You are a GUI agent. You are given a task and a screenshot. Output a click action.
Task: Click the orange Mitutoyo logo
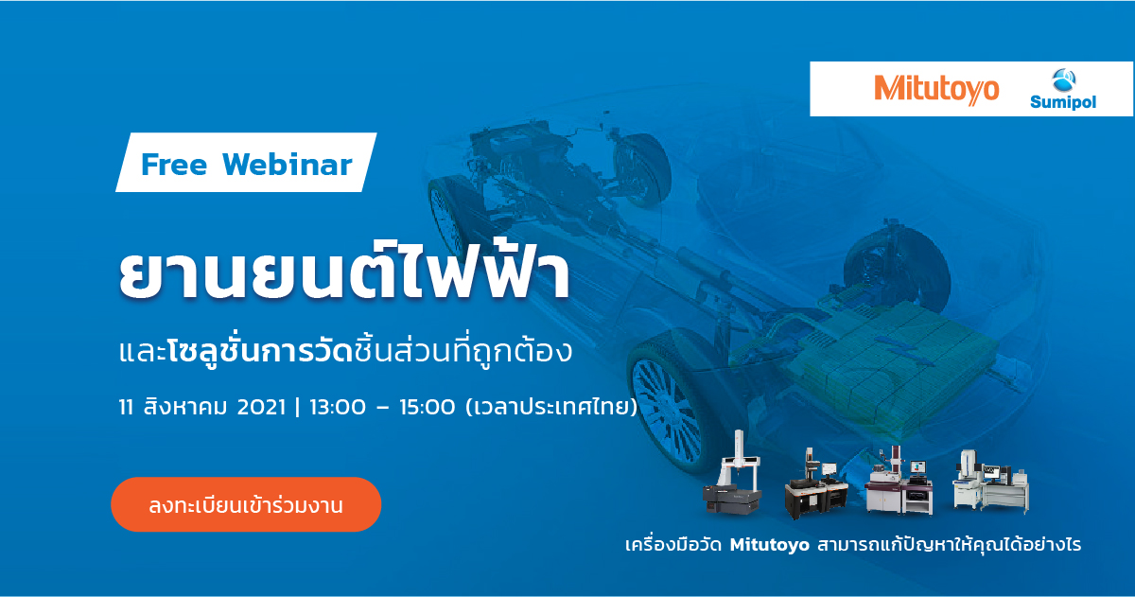point(936,90)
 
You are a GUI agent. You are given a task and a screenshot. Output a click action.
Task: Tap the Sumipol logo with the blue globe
point(1063,89)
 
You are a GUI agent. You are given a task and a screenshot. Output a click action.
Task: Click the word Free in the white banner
point(174,165)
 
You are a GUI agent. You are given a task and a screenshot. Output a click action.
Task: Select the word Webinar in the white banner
point(287,165)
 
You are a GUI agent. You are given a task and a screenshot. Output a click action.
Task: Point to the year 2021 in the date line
point(261,407)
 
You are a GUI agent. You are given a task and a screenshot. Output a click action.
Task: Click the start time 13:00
point(338,407)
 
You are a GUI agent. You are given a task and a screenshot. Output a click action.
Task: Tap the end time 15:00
point(428,407)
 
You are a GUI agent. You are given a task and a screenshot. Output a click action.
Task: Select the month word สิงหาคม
point(185,406)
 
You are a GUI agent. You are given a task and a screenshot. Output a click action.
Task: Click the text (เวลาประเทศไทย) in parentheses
point(551,407)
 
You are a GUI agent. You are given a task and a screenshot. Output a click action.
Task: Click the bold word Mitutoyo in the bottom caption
point(770,545)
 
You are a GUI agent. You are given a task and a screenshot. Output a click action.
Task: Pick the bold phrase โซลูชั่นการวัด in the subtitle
point(260,351)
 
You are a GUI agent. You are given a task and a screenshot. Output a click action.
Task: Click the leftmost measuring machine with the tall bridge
point(733,473)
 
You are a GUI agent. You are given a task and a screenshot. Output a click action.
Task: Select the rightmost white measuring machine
point(989,482)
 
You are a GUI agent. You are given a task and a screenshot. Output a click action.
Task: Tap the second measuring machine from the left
point(815,483)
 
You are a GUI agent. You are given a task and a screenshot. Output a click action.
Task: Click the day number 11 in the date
point(126,407)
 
